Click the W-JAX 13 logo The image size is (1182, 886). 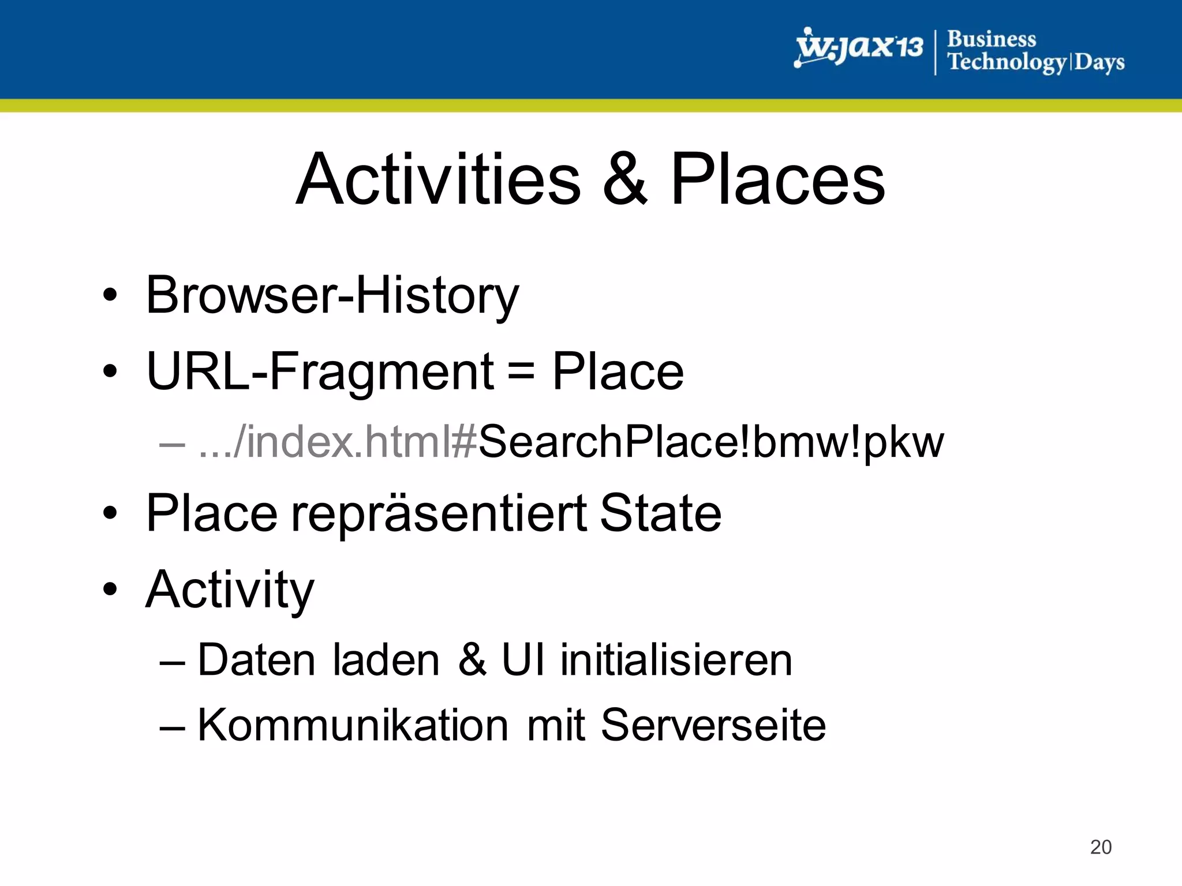[x=859, y=48]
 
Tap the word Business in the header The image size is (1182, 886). [x=992, y=39]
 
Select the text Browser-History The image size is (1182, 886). [x=332, y=295]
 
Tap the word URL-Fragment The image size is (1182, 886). [x=320, y=372]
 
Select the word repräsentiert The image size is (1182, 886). [x=439, y=513]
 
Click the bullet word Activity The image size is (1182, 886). [x=230, y=590]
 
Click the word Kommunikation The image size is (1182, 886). [x=353, y=725]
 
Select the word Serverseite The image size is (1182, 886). [x=713, y=725]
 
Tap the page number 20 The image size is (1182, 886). [x=1101, y=847]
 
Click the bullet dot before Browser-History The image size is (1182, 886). [x=110, y=295]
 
